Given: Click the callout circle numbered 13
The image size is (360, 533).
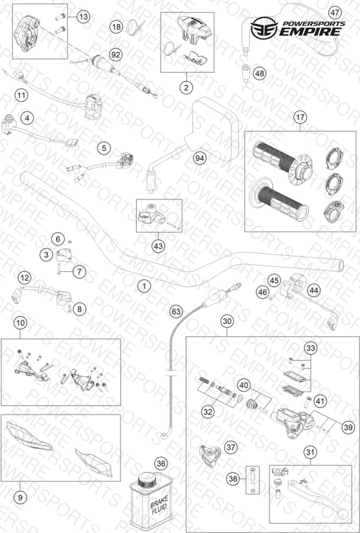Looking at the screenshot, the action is [83, 16].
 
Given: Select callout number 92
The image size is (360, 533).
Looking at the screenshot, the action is [116, 55].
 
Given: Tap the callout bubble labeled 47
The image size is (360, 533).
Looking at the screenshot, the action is [335, 13].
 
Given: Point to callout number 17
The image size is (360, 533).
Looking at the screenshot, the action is [300, 118].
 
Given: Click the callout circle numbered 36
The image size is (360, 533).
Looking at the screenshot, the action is [161, 463].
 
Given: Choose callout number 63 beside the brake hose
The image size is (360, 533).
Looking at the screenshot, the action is [176, 312].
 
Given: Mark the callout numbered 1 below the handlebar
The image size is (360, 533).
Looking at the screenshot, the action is [144, 286].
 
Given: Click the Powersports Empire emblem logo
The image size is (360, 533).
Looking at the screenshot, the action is [264, 28].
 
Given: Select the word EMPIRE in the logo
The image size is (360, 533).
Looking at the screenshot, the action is [309, 32].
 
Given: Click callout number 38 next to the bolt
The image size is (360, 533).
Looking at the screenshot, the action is [233, 479].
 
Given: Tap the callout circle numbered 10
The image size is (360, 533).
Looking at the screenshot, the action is [21, 323].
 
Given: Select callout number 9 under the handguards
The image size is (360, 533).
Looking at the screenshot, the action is [20, 497].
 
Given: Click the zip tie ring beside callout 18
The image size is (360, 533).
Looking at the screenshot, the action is [133, 27].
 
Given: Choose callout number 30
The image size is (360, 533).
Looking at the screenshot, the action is [227, 321].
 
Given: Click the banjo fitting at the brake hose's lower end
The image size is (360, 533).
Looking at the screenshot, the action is [165, 435].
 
